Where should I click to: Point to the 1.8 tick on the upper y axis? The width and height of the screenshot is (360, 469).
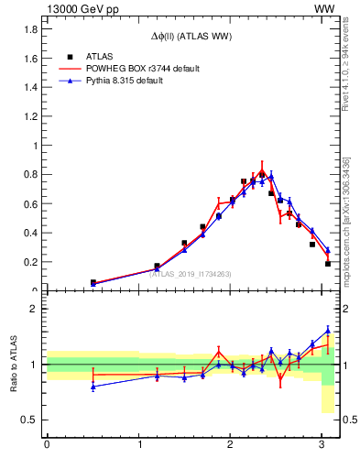(x=28, y=29)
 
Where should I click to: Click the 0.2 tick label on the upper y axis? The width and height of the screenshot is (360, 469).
(x=28, y=262)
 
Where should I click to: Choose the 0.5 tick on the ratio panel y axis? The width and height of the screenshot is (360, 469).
(x=27, y=420)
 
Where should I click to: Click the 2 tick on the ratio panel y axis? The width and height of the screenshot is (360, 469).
(x=32, y=309)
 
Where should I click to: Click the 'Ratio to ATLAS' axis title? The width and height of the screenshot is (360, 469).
(x=14, y=365)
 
